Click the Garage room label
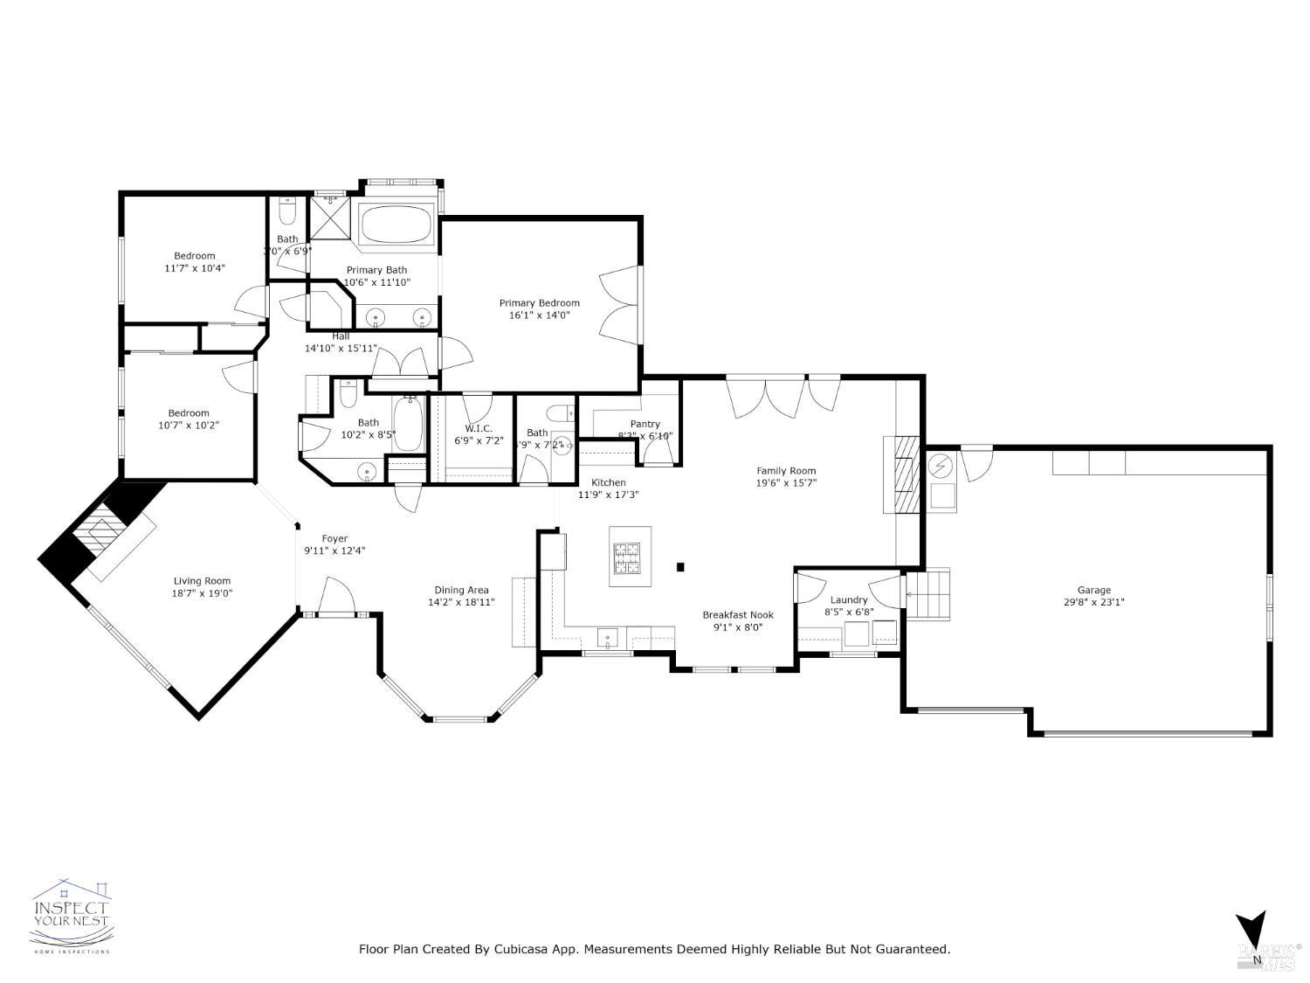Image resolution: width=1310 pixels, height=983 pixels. coord(1093,590)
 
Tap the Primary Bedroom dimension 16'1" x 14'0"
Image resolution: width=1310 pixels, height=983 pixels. coord(539,315)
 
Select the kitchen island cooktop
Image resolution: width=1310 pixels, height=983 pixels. coord(627,559)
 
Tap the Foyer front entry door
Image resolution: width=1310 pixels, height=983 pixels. coord(336,599)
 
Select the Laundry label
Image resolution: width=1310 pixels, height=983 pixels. coord(848,599)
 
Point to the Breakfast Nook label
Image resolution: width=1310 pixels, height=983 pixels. coord(738,615)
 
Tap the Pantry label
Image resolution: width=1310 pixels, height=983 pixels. coord(645,424)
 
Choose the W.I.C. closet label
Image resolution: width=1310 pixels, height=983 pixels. coord(479,428)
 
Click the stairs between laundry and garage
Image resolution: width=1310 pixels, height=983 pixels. coord(927,594)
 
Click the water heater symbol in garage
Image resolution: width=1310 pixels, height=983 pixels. coord(941,467)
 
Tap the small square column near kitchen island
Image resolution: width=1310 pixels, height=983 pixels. coord(680,566)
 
